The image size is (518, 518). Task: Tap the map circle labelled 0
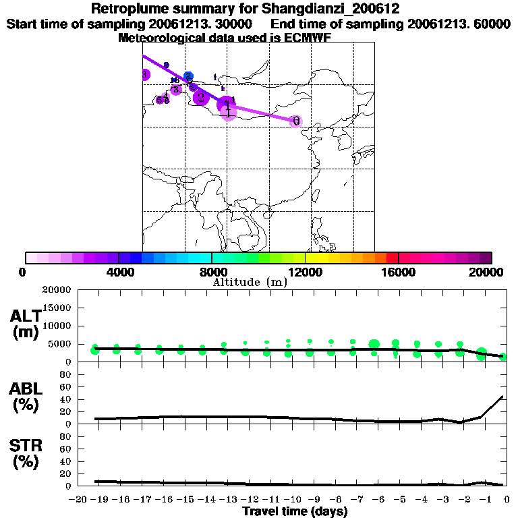point(295,121)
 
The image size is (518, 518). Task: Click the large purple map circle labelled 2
point(200,98)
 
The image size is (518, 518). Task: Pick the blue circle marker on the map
point(189,76)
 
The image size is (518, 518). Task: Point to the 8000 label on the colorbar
point(211,271)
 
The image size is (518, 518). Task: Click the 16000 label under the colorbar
point(399,271)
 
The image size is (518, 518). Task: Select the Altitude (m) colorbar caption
point(250,282)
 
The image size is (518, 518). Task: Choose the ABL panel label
point(26,398)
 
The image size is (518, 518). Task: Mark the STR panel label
point(26,453)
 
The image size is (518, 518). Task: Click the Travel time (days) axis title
point(295,512)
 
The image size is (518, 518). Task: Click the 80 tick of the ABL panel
point(66,374)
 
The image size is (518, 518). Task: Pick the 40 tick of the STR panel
point(66,461)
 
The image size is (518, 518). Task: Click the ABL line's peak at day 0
point(503,397)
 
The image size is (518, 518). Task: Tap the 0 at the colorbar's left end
point(24,271)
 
